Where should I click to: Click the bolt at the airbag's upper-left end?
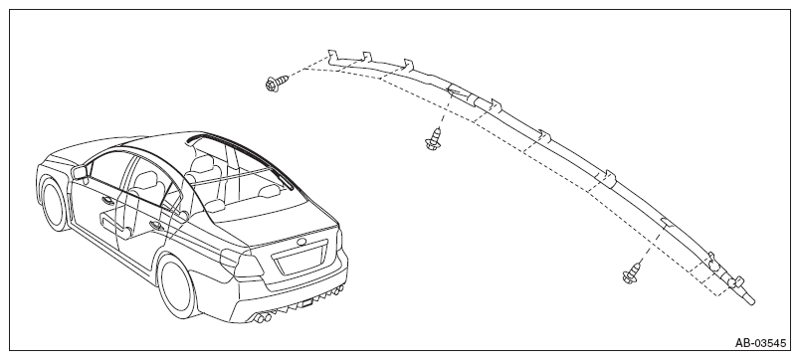pyautogui.click(x=277, y=84)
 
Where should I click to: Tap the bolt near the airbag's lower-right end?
pyautogui.click(x=632, y=272)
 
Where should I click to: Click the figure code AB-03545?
pyautogui.click(x=760, y=343)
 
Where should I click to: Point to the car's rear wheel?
pyautogui.click(x=178, y=286)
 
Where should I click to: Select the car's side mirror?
pyautogui.click(x=80, y=172)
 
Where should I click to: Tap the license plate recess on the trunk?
pyautogui.click(x=301, y=259)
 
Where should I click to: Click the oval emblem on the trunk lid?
pyautogui.click(x=302, y=241)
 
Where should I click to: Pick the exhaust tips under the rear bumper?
pyautogui.click(x=262, y=318)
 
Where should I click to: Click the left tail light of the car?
pyautogui.click(x=241, y=263)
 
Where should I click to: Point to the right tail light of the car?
pyautogui.click(x=339, y=239)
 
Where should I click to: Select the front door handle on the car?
pyautogui.click(x=108, y=201)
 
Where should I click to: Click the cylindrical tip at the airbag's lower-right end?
pyautogui.click(x=748, y=297)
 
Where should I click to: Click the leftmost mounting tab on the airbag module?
pyautogui.click(x=332, y=56)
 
